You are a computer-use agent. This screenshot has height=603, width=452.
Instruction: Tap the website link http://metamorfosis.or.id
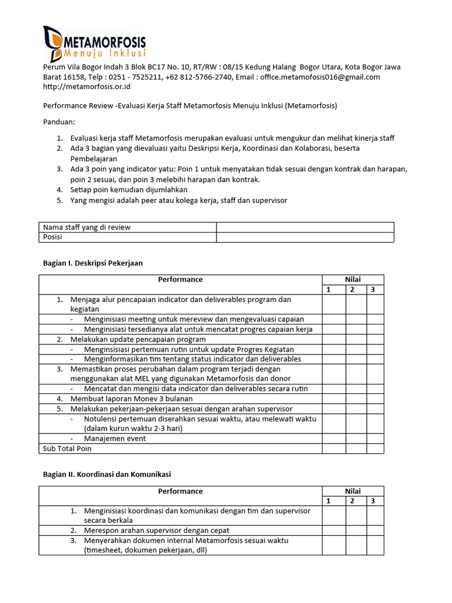(x=87, y=87)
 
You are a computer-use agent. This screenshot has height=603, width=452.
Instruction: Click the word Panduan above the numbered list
(x=59, y=122)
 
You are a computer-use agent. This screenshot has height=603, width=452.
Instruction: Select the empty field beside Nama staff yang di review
(x=305, y=227)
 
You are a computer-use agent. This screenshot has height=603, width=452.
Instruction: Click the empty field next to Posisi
(x=305, y=237)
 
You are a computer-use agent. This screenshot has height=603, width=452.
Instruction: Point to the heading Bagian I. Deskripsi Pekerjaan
(x=93, y=263)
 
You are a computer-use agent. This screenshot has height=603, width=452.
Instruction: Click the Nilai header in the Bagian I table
(x=353, y=280)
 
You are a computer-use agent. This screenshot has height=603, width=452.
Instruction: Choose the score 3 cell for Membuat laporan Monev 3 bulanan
(x=374, y=399)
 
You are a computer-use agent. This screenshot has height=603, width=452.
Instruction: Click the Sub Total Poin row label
(x=67, y=449)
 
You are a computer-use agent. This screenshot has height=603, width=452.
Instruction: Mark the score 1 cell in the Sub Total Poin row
(x=333, y=449)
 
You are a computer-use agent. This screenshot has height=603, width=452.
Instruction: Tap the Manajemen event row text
(x=115, y=439)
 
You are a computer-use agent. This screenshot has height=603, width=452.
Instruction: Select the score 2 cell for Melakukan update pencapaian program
(x=355, y=340)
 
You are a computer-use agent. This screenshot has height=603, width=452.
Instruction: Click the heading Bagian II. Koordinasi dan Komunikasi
(x=107, y=474)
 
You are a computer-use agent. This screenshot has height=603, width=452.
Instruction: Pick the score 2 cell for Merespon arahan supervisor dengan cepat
(x=355, y=530)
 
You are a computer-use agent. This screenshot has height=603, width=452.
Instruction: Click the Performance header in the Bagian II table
(x=180, y=491)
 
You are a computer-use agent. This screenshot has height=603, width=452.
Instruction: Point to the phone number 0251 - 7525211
(x=120, y=77)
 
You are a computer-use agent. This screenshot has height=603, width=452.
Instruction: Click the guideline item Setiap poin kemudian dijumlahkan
(x=129, y=190)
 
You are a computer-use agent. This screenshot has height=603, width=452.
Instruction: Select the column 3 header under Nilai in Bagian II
(x=374, y=501)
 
